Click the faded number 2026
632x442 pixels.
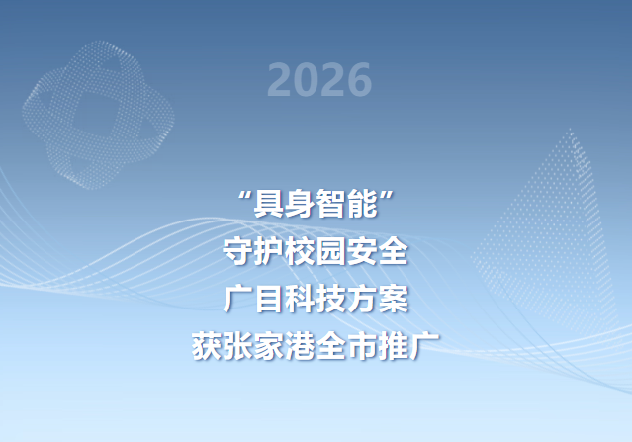pos(319,80)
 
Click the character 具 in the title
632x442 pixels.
pos(268,204)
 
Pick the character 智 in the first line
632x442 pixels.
pos(331,204)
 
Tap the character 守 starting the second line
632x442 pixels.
pos(237,251)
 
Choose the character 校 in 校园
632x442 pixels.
pos(300,251)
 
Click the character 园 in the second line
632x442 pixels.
pos(331,251)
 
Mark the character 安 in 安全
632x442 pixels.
pos(362,251)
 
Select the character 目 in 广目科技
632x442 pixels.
pos(269,299)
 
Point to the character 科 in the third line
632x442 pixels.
pos(300,299)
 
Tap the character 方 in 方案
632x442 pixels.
pos(362,299)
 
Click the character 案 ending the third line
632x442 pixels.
pos(394,299)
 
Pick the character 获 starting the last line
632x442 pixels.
pos(207,346)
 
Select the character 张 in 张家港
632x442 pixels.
pos(237,346)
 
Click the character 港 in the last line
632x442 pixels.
pos(300,346)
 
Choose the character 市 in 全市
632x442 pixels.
pos(362,346)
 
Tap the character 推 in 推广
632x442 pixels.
pos(394,346)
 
